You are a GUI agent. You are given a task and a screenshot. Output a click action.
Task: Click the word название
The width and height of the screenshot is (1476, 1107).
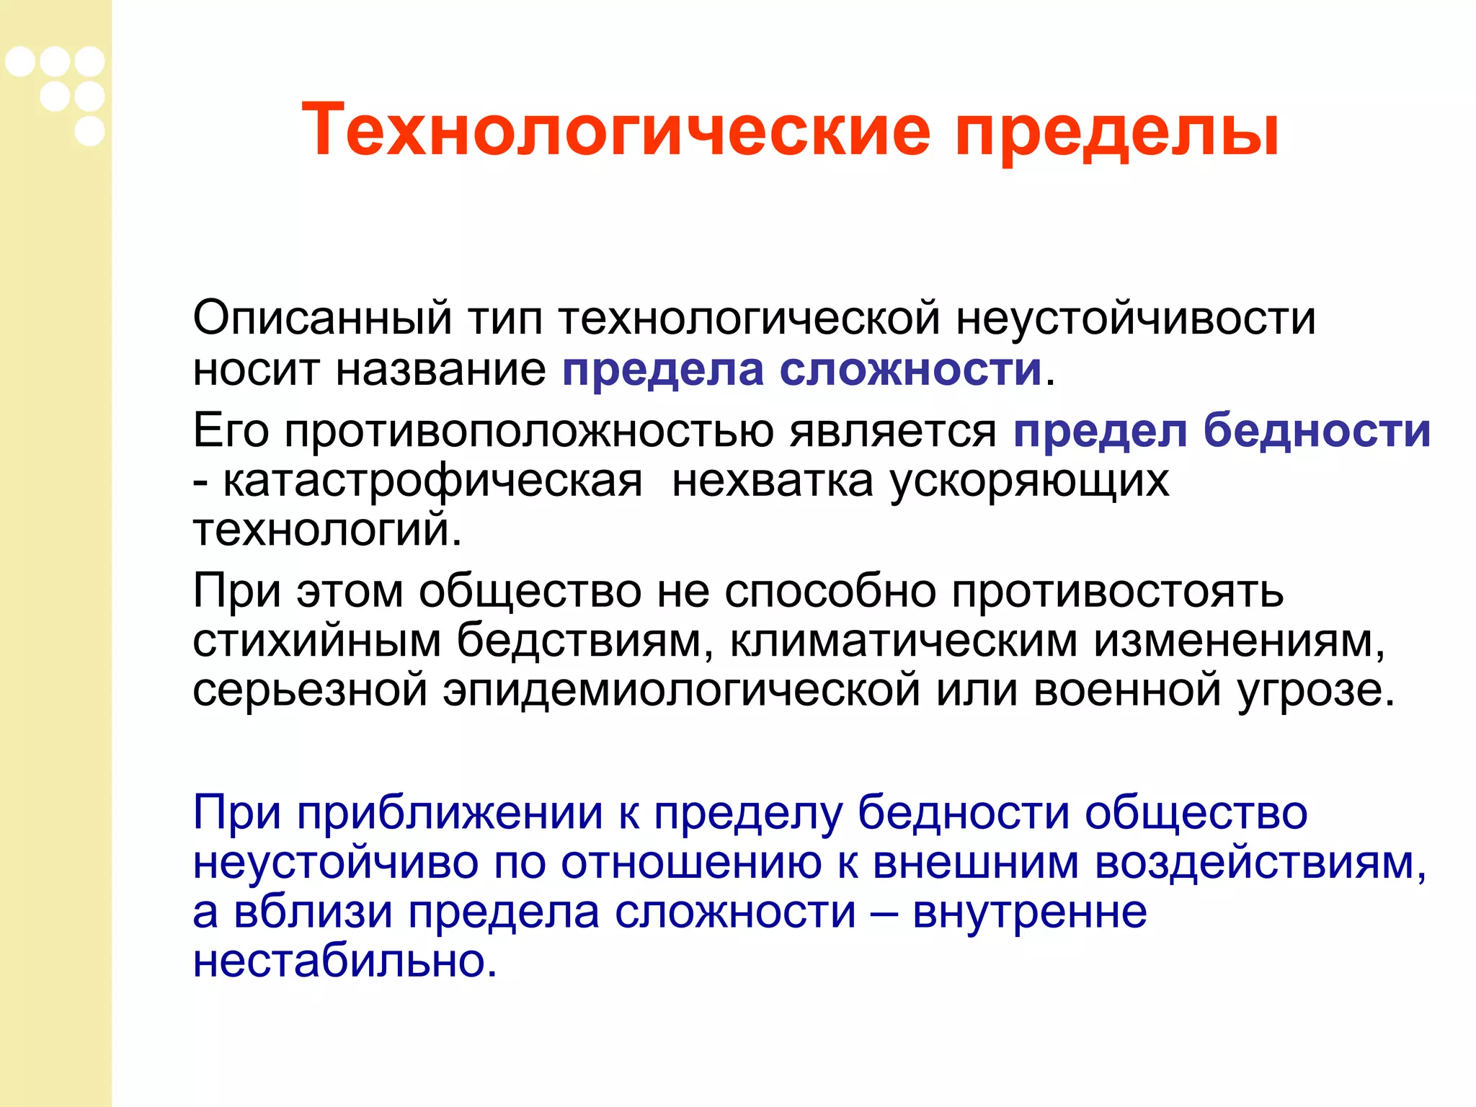(441, 370)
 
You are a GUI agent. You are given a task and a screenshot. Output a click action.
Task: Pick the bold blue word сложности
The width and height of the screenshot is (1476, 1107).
(911, 370)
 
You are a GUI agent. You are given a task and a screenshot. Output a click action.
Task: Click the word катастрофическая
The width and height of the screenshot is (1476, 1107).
(432, 481)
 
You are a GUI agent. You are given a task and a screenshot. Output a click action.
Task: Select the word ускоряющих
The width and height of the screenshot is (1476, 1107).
(1030, 481)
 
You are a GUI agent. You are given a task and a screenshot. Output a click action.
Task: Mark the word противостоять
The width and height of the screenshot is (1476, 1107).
(1118, 592)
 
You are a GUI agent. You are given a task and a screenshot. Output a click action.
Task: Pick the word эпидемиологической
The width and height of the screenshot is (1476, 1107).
(681, 690)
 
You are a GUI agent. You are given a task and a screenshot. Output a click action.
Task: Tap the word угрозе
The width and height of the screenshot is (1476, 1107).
(1315, 690)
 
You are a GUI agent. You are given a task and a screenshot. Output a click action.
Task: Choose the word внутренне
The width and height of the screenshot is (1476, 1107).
(1030, 912)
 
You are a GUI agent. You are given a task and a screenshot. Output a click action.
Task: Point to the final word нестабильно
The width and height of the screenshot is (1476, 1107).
(344, 961)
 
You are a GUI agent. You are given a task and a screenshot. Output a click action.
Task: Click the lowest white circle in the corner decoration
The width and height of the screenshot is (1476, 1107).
(89, 131)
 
